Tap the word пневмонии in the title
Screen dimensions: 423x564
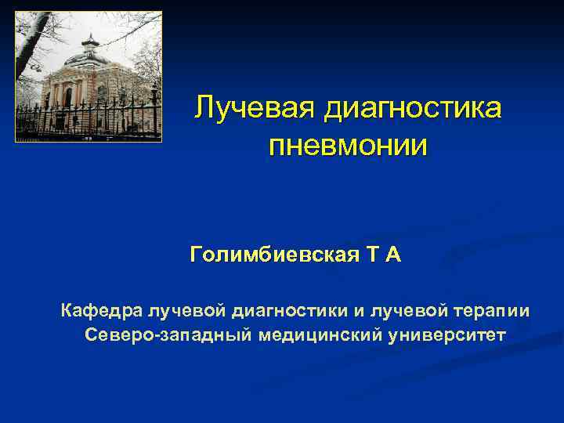pos(348,146)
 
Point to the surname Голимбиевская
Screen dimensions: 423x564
pos(274,255)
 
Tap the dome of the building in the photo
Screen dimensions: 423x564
pos(90,57)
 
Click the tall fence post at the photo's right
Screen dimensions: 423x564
pos(154,109)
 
